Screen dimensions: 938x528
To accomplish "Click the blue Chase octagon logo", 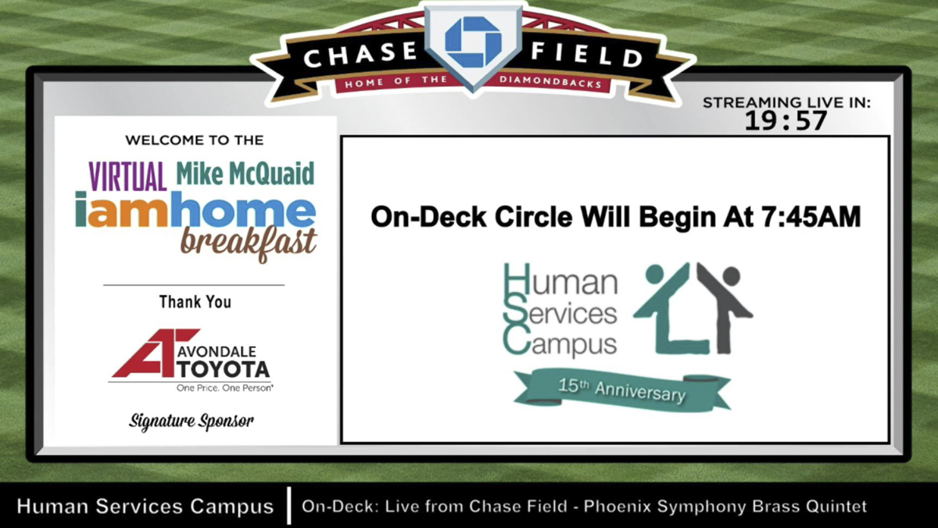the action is (473, 42).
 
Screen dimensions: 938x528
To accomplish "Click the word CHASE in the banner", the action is (361, 55).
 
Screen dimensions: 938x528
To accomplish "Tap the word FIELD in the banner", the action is (586, 55).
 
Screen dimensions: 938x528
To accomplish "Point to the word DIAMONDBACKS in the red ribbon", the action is (550, 81).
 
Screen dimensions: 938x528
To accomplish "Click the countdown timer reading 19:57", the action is (786, 120).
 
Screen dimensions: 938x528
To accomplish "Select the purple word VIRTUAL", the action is (127, 177).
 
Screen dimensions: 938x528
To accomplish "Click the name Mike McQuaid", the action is (245, 174).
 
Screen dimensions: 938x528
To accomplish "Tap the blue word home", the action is (243, 209).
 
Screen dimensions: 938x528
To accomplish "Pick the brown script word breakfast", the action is (249, 244).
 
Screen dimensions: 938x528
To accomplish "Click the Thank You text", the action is (195, 302).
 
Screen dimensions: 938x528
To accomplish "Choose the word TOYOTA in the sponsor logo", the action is (224, 368).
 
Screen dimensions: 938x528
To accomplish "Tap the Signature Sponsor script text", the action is (191, 421).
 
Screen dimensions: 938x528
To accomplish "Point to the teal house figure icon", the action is (671, 308).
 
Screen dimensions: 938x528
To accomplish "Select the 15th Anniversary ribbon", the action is (622, 390).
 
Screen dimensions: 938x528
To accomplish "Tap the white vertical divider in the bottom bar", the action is (289, 505).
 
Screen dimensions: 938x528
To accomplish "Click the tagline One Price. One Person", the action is (225, 388).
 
